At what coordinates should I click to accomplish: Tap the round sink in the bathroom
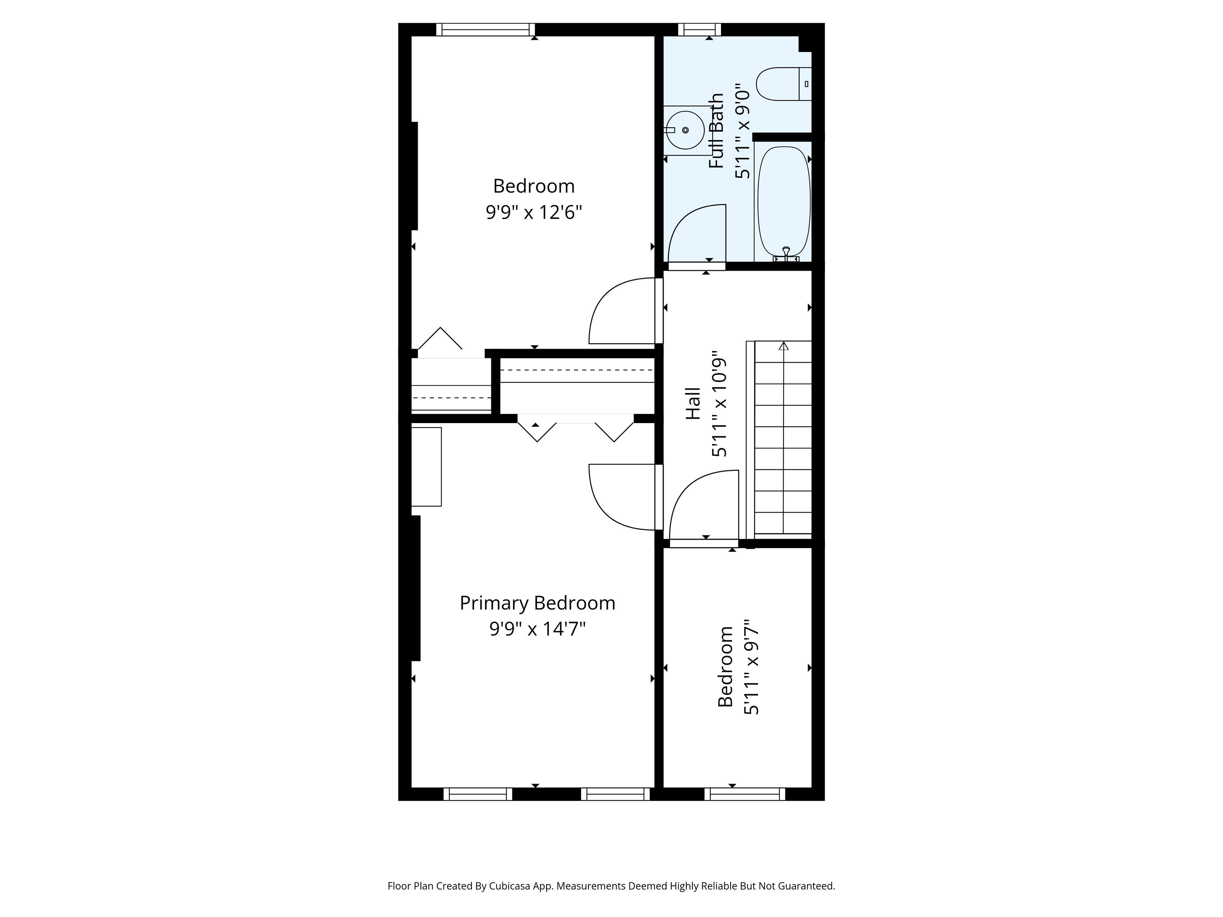coord(685,130)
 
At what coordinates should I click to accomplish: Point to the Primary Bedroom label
coord(537,603)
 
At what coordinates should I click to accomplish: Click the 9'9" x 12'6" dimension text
coord(534,212)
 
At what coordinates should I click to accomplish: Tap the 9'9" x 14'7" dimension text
coord(537,629)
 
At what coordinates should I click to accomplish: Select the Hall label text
coord(694,404)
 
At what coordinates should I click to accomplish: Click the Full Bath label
coord(717,131)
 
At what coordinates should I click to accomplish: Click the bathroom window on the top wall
coord(699,29)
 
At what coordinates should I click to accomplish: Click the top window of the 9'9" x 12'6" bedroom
coord(485,29)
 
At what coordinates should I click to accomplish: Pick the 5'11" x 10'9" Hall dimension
coord(719,404)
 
